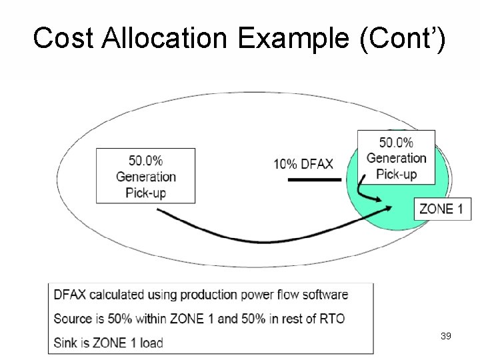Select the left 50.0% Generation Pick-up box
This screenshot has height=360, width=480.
pyautogui.click(x=145, y=176)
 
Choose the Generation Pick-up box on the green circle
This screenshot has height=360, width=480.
pyautogui.click(x=396, y=158)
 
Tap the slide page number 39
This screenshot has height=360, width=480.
pyautogui.click(x=446, y=336)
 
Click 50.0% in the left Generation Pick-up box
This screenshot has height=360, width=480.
pyautogui.click(x=145, y=161)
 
